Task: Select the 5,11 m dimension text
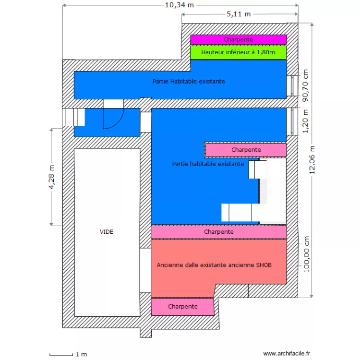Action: click(239, 14)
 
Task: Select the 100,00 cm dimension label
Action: click(306, 254)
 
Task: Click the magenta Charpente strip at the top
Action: click(238, 39)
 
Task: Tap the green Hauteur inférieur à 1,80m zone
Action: click(238, 52)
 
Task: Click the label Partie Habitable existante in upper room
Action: click(189, 82)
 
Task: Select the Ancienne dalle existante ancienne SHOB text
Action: click(215, 265)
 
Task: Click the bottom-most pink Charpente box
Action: click(182, 306)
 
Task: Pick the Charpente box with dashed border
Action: click(245, 150)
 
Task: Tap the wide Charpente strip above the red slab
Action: click(218, 232)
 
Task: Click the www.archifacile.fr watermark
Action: click(287, 353)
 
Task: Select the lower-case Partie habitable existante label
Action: click(207, 164)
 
